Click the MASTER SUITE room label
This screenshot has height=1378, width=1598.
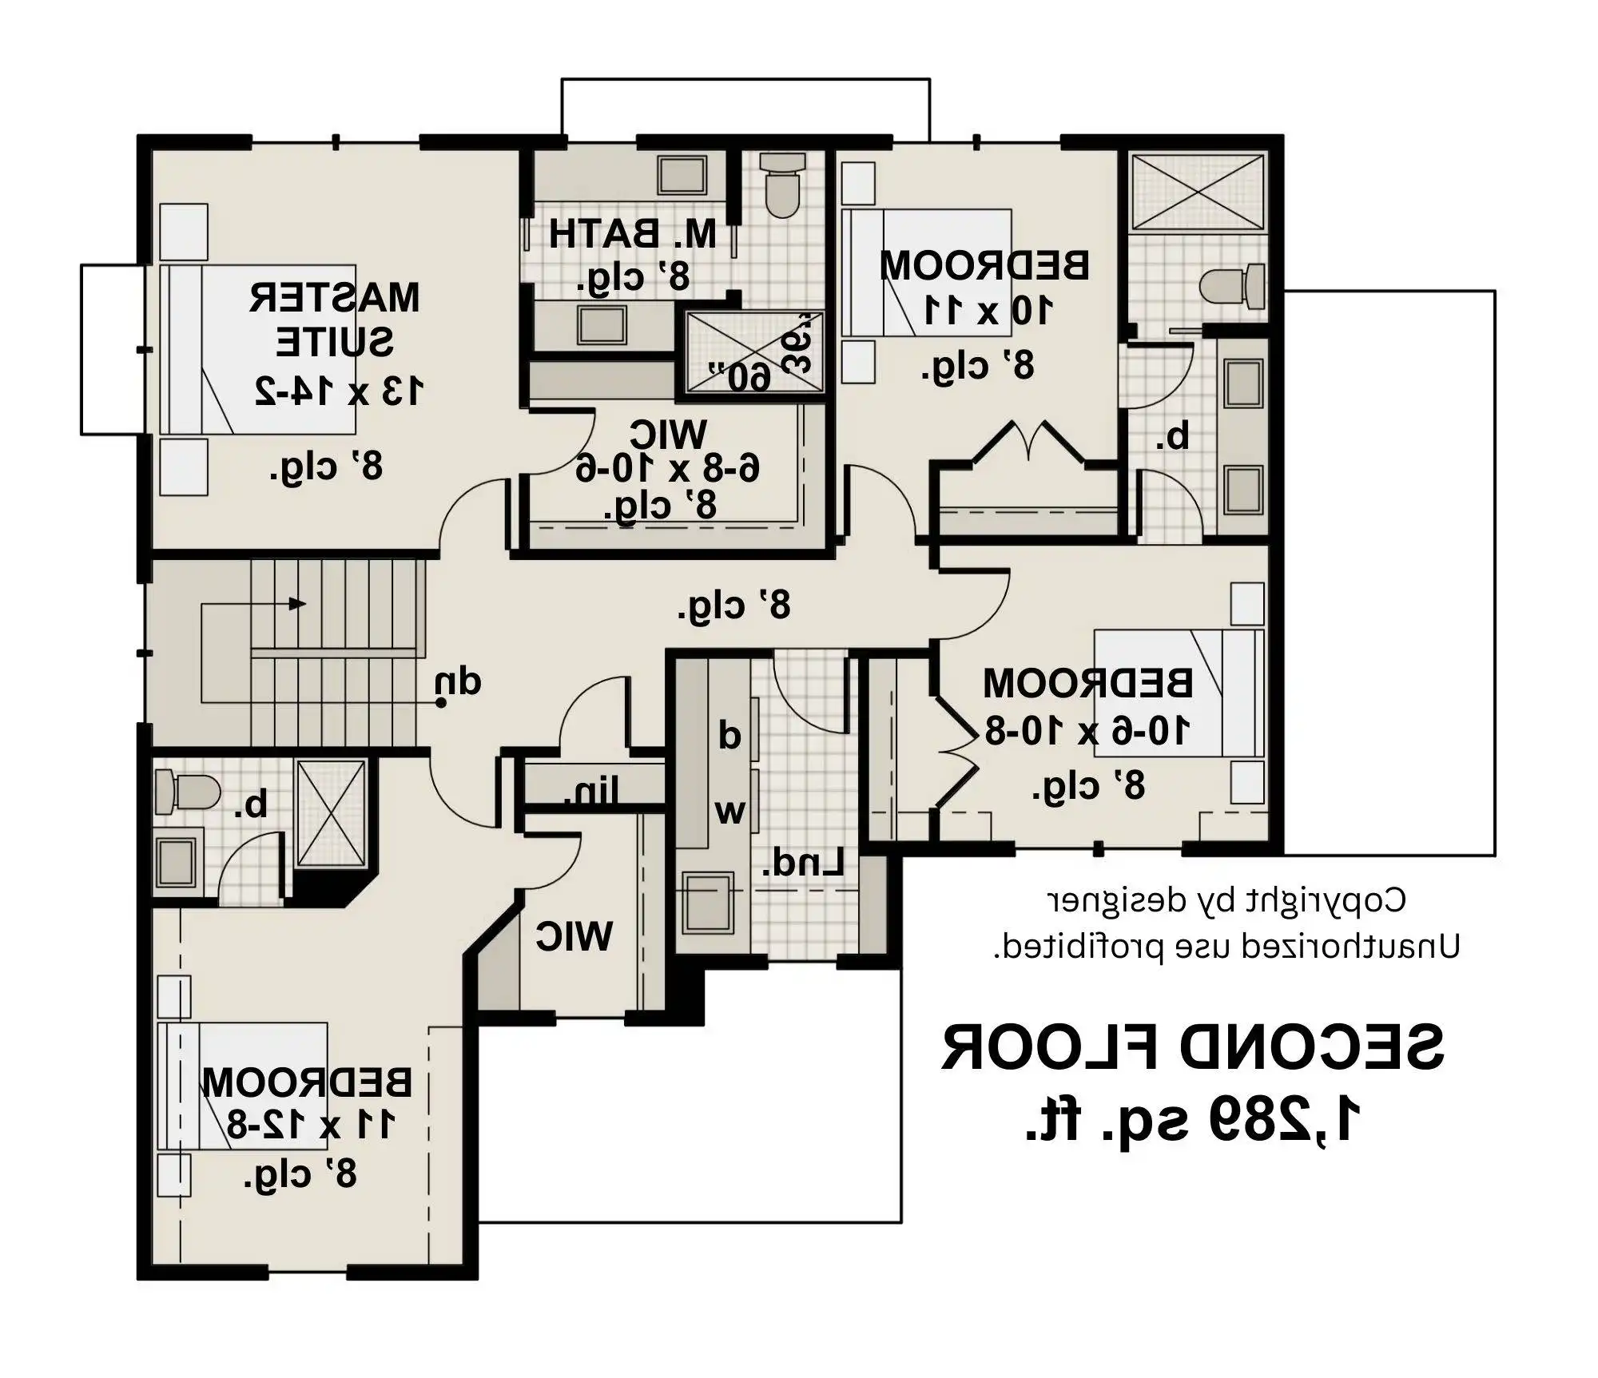[x=334, y=320]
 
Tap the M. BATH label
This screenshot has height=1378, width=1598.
[x=633, y=234]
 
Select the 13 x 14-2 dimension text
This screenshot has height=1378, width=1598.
[x=339, y=391]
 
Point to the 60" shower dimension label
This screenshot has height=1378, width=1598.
[x=741, y=375]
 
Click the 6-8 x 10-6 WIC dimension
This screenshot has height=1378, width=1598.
[x=667, y=469]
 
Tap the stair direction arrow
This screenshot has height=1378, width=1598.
[x=296, y=603]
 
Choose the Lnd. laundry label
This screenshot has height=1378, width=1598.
[x=802, y=863]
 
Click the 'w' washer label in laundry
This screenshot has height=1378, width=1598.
[x=729, y=812]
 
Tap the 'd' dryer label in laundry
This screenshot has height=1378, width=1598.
[x=729, y=735]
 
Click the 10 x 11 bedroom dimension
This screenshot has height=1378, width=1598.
[x=988, y=310]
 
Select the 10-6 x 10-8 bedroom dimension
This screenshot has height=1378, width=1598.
[x=1087, y=730]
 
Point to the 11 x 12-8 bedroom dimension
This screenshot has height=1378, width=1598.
[x=310, y=1124]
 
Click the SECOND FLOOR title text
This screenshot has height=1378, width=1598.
[x=1193, y=1047]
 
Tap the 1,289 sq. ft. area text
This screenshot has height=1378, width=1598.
[x=1193, y=1119]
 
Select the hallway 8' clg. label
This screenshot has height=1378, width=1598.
[x=733, y=606]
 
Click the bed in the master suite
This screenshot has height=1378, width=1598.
[x=257, y=349]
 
